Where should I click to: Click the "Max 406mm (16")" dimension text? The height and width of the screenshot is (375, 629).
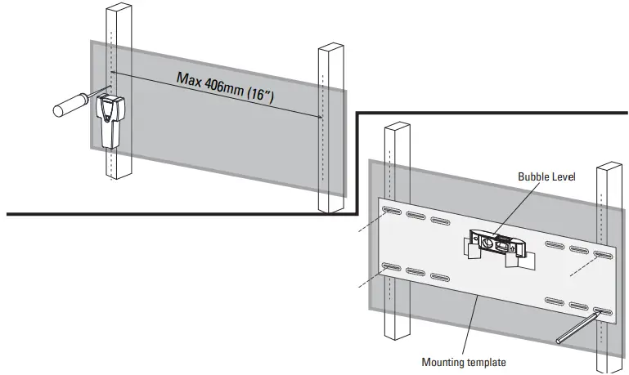tap(226, 87)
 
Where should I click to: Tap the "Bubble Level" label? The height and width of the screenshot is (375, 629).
tap(546, 176)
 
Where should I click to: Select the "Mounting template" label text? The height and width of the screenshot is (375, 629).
tap(463, 362)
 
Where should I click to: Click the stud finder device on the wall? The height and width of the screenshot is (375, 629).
tap(110, 121)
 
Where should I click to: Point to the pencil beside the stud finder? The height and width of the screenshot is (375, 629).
tap(82, 101)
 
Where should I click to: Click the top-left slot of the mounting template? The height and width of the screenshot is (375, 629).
tap(392, 210)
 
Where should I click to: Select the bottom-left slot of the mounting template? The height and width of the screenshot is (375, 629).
tap(392, 266)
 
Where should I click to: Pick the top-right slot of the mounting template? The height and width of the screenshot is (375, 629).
tap(603, 254)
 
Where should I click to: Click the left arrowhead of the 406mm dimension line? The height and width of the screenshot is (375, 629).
tap(113, 73)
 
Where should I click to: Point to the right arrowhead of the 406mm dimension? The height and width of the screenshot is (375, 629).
tap(320, 117)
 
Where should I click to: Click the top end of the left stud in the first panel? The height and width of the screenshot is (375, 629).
tap(119, 7)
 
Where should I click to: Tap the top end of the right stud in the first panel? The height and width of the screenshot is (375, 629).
tap(331, 47)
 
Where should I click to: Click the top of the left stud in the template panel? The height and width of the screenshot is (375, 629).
tap(398, 125)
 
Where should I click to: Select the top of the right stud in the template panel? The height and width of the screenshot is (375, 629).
tap(609, 166)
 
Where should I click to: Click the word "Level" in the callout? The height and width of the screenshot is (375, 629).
tap(564, 176)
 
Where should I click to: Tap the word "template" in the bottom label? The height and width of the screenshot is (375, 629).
tap(486, 363)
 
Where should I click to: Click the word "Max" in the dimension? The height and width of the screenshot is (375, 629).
tap(189, 78)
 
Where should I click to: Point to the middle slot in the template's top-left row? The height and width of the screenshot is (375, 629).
tap(416, 215)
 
